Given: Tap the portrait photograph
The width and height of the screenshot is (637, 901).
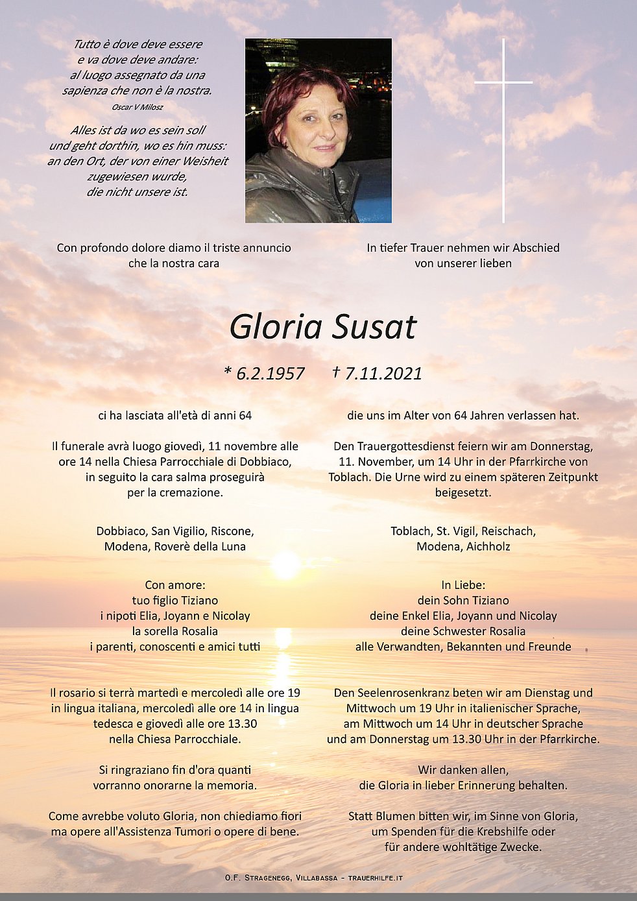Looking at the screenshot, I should (318, 130).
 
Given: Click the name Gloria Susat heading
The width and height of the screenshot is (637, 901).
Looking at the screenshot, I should (322, 326).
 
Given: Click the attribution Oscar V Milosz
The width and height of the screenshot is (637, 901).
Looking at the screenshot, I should (137, 107).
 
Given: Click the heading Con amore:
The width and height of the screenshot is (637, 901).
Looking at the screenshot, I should (175, 585).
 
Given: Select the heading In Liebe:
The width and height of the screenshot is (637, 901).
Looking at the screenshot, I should (463, 585).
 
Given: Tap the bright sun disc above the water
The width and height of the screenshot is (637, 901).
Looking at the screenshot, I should (285, 564).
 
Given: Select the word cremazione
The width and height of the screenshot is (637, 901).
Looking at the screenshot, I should (189, 492).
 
